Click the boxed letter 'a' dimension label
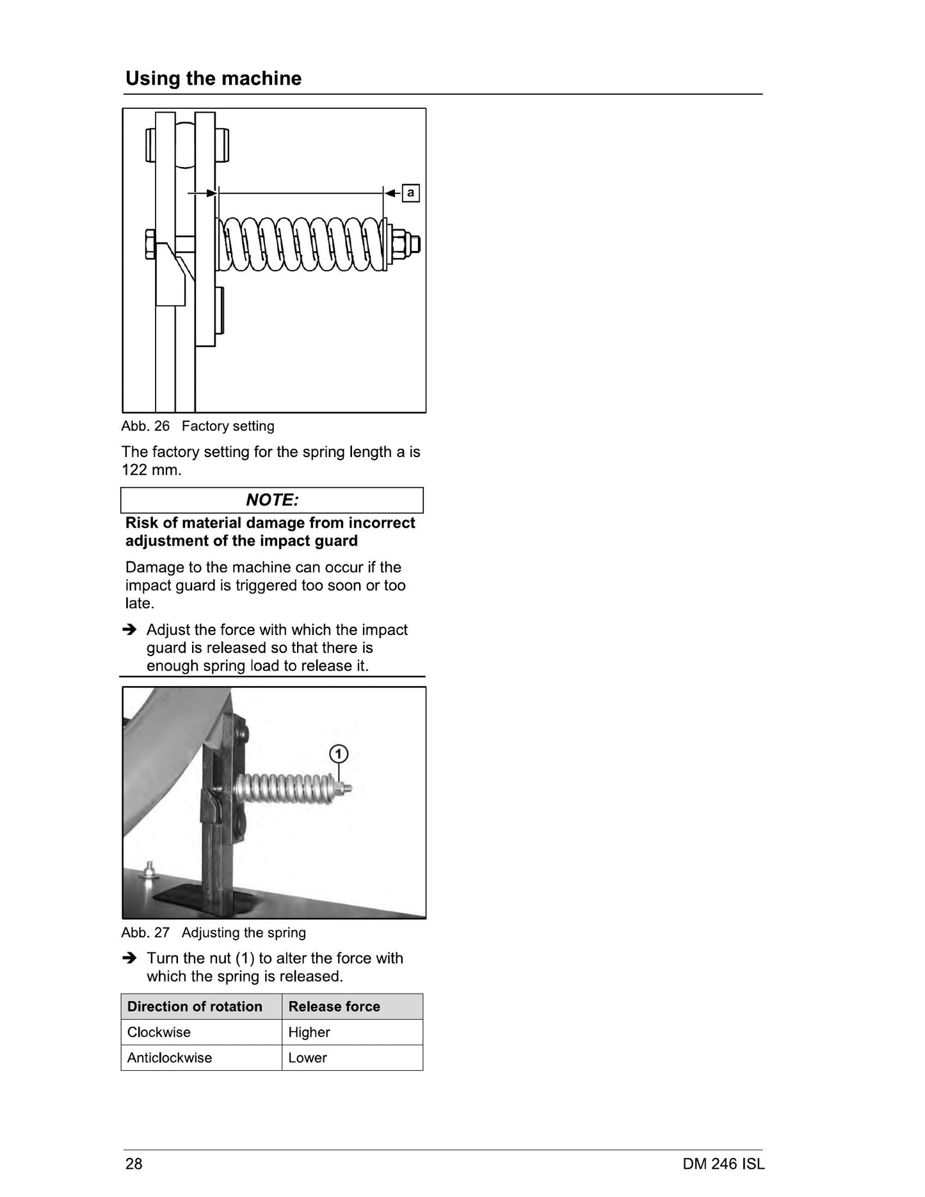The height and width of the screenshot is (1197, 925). [410, 193]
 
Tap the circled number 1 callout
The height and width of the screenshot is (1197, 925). [339, 754]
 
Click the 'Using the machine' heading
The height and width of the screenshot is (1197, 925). [213, 78]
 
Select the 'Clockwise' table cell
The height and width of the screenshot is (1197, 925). [202, 1032]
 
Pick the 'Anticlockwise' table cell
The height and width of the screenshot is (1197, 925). [202, 1057]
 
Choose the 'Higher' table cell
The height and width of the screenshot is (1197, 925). [352, 1032]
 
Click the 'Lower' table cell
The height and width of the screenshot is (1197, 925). [352, 1057]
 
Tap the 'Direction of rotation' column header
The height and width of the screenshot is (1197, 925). [202, 1006]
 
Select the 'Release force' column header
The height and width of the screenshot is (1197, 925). [352, 1006]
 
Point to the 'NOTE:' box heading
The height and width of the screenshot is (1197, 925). [272, 500]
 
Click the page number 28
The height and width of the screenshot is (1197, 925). [134, 1163]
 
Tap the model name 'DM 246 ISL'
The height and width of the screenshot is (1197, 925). [723, 1163]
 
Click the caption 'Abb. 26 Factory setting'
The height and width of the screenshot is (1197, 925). [198, 426]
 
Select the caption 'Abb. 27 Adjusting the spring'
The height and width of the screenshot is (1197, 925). [214, 932]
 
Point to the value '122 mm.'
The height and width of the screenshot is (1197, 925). [152, 470]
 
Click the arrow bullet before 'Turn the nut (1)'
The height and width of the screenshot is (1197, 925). [129, 958]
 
